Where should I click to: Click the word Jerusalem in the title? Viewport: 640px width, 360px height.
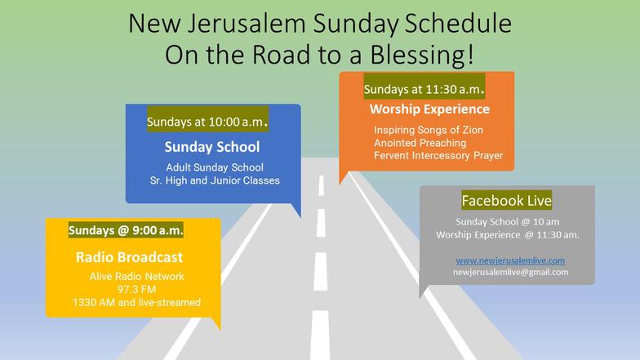pos(247,23)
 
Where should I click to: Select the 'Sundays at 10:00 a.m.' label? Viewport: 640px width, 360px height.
pos(207,121)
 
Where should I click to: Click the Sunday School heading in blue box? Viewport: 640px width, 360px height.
pos(212,147)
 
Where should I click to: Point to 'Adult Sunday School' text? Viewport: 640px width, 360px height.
pos(215,167)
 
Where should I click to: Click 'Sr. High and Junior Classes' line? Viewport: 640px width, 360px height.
pos(215,180)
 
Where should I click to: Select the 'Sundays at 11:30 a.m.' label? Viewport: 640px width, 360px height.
pos(424,89)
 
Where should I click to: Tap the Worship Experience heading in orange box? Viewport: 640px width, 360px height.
pos(429,109)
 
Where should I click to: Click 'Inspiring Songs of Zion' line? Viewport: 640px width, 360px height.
pos(429,130)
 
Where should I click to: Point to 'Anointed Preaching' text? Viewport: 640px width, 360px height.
pos(420,143)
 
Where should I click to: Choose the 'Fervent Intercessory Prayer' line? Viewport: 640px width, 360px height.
pos(438,155)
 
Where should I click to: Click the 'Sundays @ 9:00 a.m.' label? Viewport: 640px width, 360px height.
pos(126,230)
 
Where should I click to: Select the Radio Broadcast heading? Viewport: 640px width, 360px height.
pos(129,257)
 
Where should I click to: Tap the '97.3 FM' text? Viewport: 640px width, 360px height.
pos(137,289)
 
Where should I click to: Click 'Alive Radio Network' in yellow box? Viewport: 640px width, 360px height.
pos(137,276)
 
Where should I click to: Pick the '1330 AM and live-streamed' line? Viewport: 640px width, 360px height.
pos(137,302)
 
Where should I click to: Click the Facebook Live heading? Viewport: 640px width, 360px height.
pos(506,201)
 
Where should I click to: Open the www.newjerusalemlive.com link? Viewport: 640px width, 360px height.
pos(510,260)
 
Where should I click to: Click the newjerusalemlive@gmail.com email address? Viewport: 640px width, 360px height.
pos(511,272)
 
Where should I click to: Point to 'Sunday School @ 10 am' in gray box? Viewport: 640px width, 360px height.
pos(508,222)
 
